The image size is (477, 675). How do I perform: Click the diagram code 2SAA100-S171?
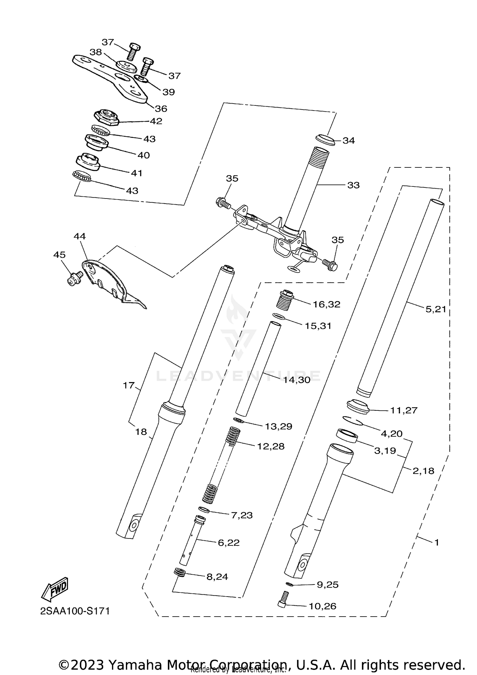click(x=75, y=611)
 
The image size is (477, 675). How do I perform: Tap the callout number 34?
click(x=349, y=140)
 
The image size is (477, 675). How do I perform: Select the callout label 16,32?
click(x=326, y=304)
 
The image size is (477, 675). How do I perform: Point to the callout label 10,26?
click(x=322, y=606)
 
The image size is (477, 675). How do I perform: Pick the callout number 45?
click(x=59, y=255)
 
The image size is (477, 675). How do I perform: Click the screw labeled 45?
click(x=74, y=278)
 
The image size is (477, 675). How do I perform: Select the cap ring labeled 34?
click(x=325, y=139)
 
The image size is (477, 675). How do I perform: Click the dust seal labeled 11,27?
click(x=358, y=407)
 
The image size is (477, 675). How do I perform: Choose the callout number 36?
click(x=161, y=109)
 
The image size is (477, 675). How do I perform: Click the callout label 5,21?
click(x=436, y=309)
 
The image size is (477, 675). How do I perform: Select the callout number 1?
click(x=437, y=542)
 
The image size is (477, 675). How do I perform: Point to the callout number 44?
click(x=79, y=236)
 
